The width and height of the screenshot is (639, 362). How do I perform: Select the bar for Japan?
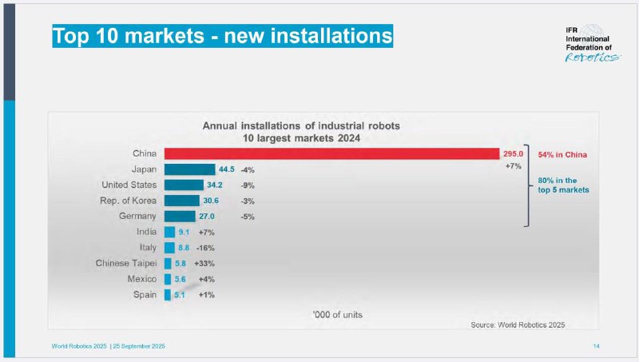pyautogui.click(x=189, y=169)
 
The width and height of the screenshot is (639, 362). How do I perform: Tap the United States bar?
pyautogui.click(x=185, y=185)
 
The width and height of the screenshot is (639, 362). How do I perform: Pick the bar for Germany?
pyautogui.click(x=180, y=216)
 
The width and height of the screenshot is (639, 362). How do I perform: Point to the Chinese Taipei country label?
pyautogui.click(x=125, y=263)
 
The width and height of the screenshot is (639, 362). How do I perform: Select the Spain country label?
pyautogui.click(x=145, y=294)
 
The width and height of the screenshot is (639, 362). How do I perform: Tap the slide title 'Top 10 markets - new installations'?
pyautogui.click(x=222, y=36)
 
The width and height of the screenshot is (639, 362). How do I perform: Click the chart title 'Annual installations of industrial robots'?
pyautogui.click(x=300, y=126)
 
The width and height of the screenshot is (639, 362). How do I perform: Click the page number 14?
pyautogui.click(x=596, y=345)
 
